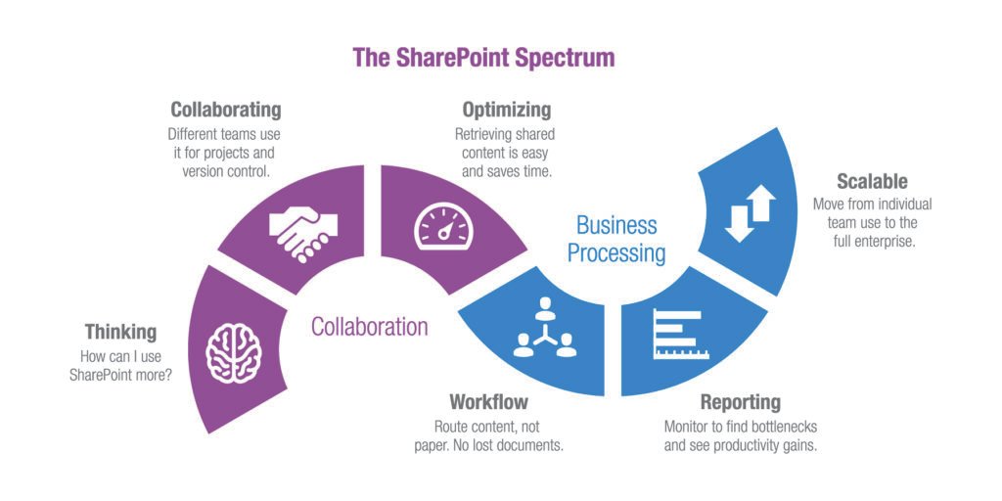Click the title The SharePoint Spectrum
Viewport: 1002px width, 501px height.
(483, 57)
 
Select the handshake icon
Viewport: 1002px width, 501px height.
(302, 232)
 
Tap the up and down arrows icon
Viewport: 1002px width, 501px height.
(750, 213)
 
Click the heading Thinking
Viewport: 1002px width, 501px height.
(120, 332)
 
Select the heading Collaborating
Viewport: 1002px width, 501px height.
(226, 110)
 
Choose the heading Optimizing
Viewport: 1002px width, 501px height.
(507, 110)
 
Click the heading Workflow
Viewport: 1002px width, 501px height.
(488, 402)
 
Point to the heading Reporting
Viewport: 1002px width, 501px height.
(741, 402)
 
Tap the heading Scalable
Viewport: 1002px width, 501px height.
(872, 181)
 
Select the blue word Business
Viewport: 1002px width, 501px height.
(615, 225)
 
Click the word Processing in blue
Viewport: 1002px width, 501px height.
(616, 253)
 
